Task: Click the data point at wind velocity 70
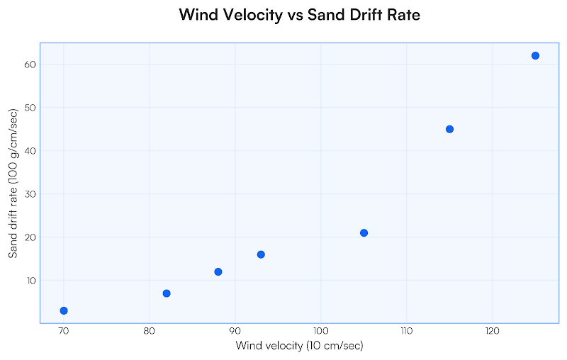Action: pos(64,310)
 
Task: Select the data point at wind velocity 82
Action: pos(167,293)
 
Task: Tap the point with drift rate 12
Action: pos(218,272)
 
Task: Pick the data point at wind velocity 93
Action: pos(261,254)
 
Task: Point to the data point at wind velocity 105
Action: pos(364,233)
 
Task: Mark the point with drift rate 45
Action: pos(449,129)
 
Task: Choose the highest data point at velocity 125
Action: pos(535,56)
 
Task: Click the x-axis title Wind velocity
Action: pos(299,346)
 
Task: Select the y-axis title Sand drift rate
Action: pos(13,183)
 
